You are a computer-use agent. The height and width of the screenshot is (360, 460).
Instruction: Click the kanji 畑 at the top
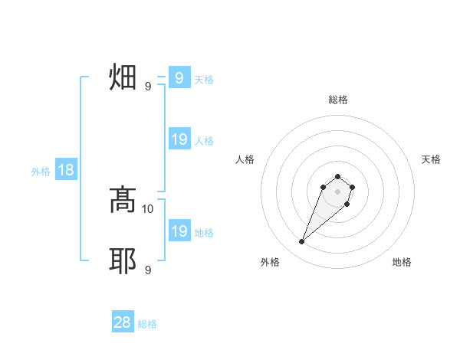pos(123,77)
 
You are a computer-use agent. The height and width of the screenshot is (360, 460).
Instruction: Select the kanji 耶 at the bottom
pos(123,261)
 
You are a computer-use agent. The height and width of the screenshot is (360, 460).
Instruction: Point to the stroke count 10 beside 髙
pos(148,208)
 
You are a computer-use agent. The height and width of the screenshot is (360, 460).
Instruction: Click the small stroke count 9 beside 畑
pos(148,86)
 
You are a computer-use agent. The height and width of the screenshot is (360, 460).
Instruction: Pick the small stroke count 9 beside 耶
pos(148,270)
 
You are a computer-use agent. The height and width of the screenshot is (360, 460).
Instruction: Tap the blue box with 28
pos(123,322)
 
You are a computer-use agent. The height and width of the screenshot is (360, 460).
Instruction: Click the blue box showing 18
pos(66,171)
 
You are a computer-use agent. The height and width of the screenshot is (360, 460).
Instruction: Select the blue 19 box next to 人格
pos(179,139)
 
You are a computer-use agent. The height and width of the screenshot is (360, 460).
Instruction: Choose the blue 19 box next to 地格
pos(179,231)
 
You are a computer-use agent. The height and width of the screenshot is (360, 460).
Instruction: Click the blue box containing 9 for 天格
pos(179,78)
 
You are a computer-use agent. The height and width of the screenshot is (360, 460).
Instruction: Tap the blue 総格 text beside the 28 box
pos(147,324)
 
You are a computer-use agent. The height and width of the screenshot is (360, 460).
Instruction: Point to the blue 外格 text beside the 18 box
pos(41,172)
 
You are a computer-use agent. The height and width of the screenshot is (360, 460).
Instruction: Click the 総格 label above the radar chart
pos(338,100)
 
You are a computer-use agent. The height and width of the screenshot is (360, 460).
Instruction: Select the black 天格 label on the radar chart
pos(431,159)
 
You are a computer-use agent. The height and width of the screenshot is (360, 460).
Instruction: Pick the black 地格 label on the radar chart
pos(402,262)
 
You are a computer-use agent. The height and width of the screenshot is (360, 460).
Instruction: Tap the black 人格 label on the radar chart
pos(245,159)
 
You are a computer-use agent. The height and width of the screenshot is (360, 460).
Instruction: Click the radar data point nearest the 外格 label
pos(302,242)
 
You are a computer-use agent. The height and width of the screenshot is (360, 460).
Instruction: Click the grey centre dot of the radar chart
pos(338,191)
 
